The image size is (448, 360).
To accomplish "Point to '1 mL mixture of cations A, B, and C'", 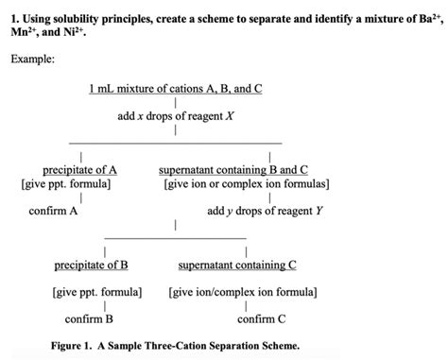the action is click(175, 89).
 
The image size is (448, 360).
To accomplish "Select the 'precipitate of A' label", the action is click(80, 170).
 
